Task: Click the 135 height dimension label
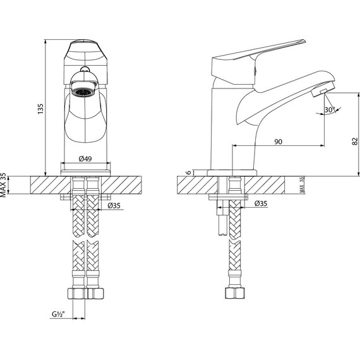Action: (x=39, y=108)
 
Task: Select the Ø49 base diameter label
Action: (x=86, y=159)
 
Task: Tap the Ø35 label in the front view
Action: (x=114, y=205)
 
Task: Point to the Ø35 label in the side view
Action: (x=260, y=203)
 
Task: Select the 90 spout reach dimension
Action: (x=278, y=141)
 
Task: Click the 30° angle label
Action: (x=328, y=109)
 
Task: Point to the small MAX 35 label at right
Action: (x=302, y=184)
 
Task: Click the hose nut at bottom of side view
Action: (x=232, y=294)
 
